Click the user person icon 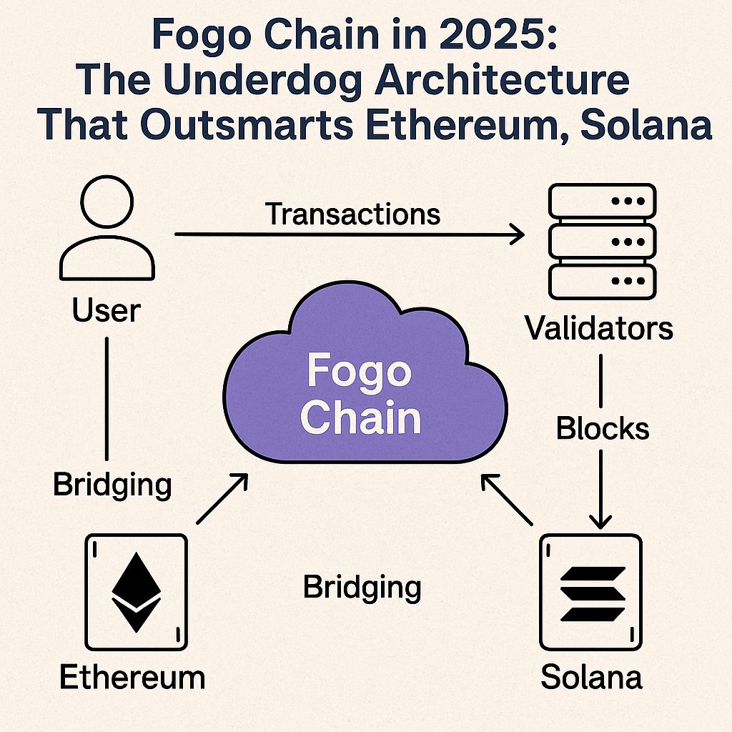(x=107, y=230)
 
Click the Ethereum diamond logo (x=137, y=592)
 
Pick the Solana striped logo (x=591, y=593)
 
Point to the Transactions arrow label (x=352, y=213)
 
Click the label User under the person (x=107, y=311)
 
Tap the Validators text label (x=599, y=328)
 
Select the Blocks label (x=603, y=428)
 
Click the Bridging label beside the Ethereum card (x=112, y=485)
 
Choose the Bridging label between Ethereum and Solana (x=362, y=587)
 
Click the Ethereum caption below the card (x=132, y=676)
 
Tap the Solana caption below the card (x=591, y=676)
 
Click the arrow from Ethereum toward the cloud (x=222, y=498)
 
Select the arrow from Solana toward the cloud (x=507, y=499)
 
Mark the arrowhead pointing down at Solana (x=600, y=520)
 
